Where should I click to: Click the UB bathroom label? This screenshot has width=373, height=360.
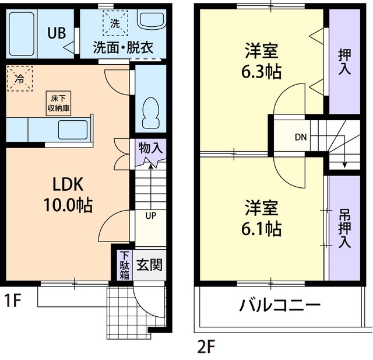56,34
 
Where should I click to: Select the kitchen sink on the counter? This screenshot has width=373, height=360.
72,129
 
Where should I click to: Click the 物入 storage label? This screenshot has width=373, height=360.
150,148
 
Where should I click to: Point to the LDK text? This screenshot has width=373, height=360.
69,184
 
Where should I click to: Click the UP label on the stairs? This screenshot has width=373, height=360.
150,216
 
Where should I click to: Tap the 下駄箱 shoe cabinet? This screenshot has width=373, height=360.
124,265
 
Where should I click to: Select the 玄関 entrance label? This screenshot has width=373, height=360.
149,265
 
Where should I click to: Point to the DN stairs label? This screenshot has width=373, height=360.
301,138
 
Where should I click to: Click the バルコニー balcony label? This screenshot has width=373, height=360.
280,305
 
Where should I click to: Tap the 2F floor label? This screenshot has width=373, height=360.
207,348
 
